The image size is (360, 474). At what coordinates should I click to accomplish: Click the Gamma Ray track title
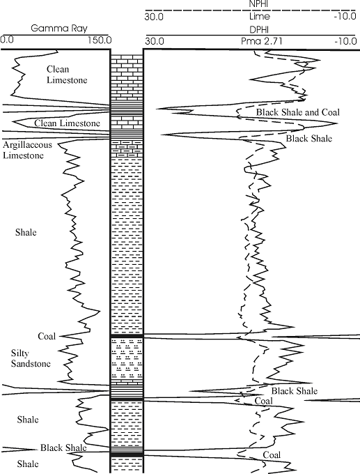click(x=59, y=29)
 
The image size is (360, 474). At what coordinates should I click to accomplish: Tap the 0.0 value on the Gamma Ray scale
click(x=7, y=40)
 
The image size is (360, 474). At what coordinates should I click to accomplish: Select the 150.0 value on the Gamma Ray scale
click(x=100, y=40)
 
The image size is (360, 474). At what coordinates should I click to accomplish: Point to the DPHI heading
click(x=260, y=29)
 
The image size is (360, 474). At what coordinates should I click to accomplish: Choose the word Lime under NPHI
click(x=260, y=16)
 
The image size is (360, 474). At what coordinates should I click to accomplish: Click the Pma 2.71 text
click(x=262, y=41)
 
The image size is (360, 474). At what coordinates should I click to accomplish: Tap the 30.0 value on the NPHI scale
click(x=154, y=16)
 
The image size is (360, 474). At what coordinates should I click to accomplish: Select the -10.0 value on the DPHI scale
click(x=345, y=41)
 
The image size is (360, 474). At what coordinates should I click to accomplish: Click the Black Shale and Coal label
click(x=298, y=112)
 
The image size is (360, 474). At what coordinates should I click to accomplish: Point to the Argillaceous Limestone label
click(x=27, y=150)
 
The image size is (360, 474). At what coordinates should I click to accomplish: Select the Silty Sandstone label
click(x=31, y=358)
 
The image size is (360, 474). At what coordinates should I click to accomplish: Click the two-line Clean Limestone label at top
click(x=67, y=75)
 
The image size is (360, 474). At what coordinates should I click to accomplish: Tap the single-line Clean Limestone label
click(x=67, y=123)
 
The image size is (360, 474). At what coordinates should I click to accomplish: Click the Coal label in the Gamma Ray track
click(x=47, y=336)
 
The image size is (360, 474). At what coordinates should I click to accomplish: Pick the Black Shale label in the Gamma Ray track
click(x=63, y=448)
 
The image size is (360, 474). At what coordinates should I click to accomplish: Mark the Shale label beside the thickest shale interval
click(x=26, y=232)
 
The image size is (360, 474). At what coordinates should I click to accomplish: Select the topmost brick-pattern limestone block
click(x=127, y=77)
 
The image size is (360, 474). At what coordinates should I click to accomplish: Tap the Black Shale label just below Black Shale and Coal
click(x=309, y=139)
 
